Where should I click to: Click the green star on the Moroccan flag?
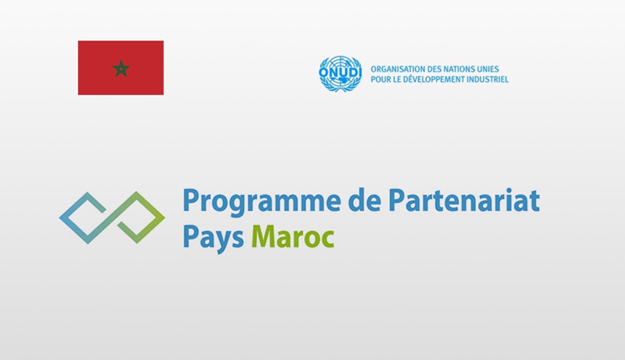121,68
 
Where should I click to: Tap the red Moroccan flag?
121,68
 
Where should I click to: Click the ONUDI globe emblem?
340,74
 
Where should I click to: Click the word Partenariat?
465,199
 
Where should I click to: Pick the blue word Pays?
213,238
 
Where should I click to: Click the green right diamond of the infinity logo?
139,217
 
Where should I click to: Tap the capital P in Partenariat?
397,199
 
